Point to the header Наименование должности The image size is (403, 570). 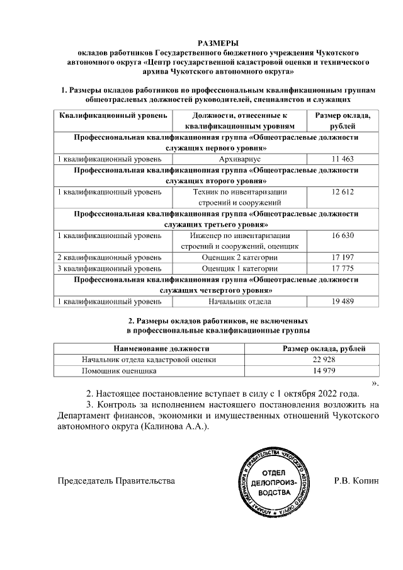tap(161, 348)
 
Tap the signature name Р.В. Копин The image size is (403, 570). tap(356, 481)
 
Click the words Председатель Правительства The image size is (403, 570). tap(116, 481)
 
